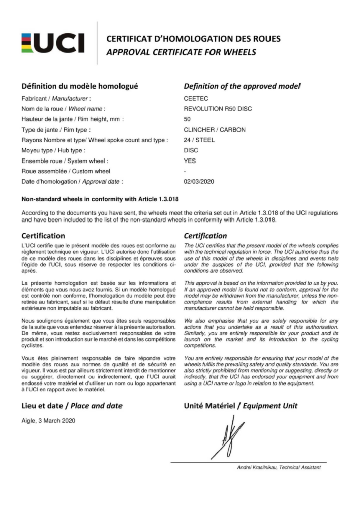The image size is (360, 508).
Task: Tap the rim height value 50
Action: coord(187,119)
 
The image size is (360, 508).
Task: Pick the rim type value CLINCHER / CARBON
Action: coord(214,130)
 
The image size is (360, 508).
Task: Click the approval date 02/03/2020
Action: coord(200,181)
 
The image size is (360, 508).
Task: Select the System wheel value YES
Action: coord(190,161)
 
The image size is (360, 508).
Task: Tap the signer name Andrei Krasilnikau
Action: coord(259,467)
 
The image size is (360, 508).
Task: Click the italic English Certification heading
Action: coord(205,236)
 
